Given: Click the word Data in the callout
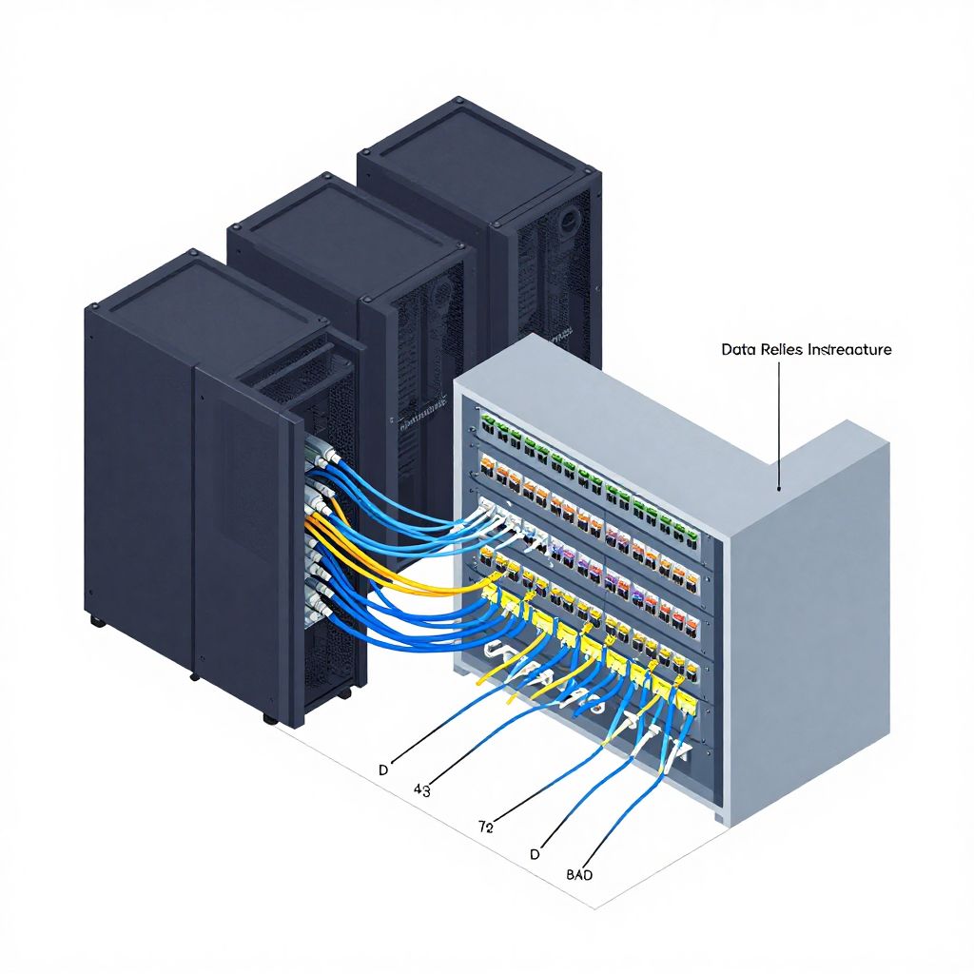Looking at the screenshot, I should pyautogui.click(x=734, y=350).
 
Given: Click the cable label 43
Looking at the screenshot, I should pyautogui.click(x=422, y=789).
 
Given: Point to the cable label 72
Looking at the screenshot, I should pyautogui.click(x=485, y=828).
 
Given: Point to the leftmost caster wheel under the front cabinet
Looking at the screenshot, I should pyautogui.click(x=95, y=621).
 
